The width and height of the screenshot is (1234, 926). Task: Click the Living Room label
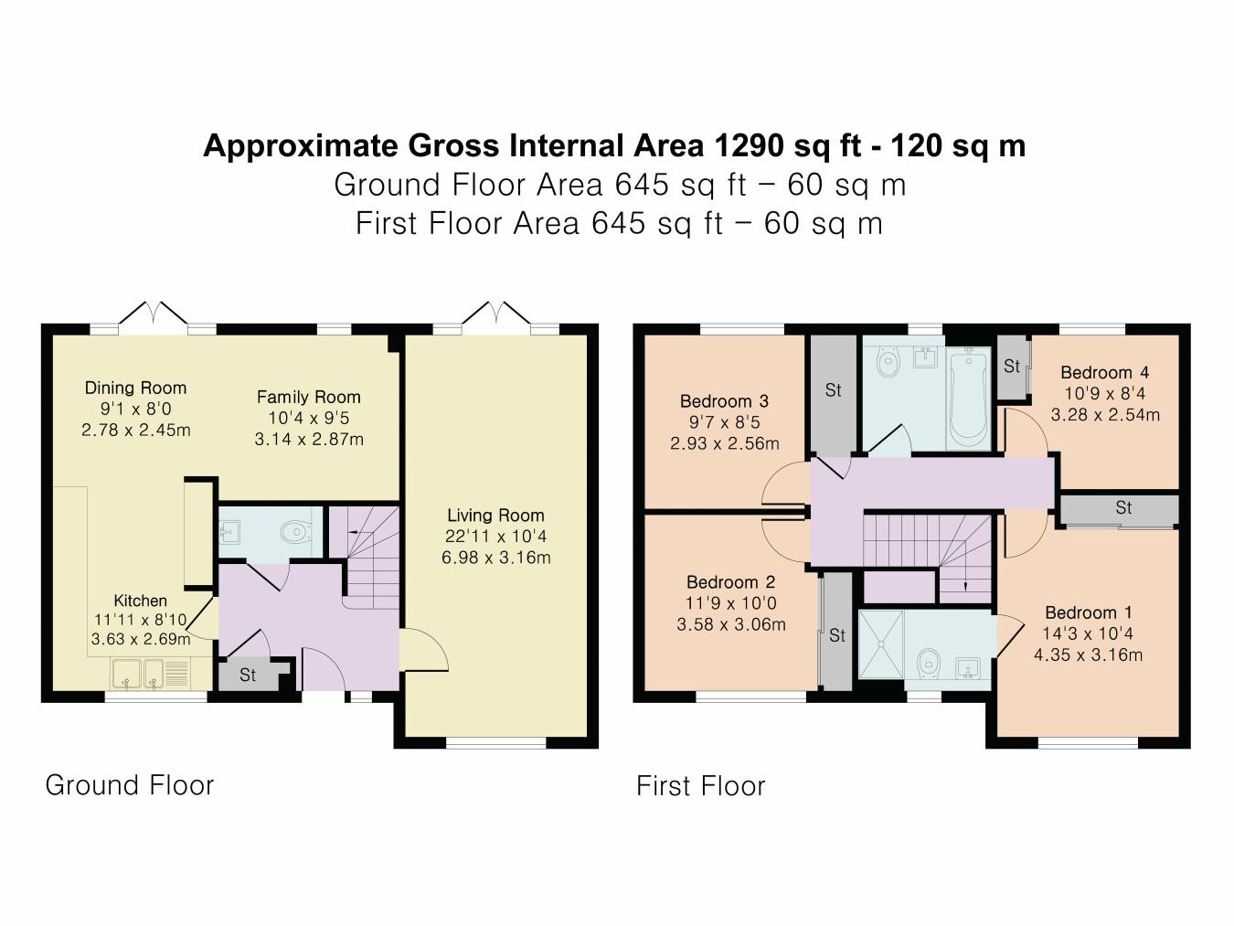click(x=495, y=516)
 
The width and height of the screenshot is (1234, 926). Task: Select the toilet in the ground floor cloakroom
click(x=294, y=532)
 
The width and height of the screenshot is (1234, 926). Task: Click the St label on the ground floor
click(x=248, y=676)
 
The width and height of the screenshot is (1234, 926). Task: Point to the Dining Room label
click(x=135, y=388)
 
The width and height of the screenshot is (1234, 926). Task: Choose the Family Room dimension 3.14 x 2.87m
click(x=309, y=439)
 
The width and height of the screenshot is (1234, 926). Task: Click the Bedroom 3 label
click(x=724, y=401)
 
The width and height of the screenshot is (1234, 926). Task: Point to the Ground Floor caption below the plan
click(x=130, y=785)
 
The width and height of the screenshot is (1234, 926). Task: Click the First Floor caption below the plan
click(x=701, y=786)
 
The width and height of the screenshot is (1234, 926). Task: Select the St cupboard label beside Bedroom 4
click(x=1011, y=367)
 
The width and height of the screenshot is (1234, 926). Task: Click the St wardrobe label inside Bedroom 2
click(x=836, y=635)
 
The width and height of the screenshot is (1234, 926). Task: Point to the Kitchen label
click(x=140, y=601)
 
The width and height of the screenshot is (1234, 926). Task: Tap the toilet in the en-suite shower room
click(x=930, y=659)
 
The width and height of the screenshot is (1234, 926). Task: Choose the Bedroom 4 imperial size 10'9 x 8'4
click(x=1104, y=394)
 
